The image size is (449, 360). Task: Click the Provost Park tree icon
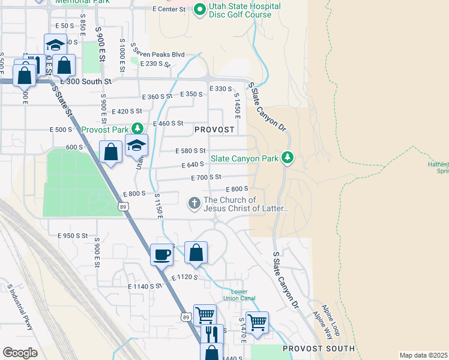pos(137,128)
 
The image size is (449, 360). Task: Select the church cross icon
pos(194,204)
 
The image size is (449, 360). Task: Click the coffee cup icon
pos(161,254)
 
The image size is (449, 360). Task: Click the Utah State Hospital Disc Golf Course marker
pos(199,10)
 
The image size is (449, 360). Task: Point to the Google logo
pos(20,352)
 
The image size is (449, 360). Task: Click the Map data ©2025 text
pos(423,355)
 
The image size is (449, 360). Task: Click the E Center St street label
pos(169,10)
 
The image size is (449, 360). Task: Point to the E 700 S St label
pos(206,178)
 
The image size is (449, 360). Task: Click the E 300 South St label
pos(86,81)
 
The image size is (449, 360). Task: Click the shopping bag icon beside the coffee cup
pos(196,253)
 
